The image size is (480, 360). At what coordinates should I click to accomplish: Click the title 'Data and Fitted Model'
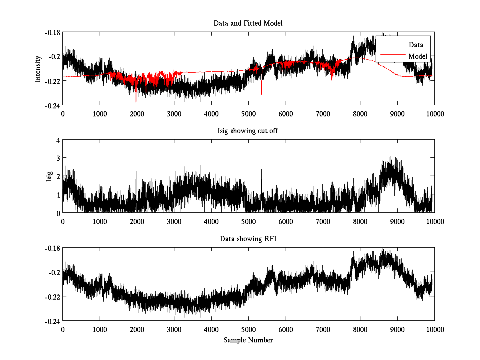[248, 23]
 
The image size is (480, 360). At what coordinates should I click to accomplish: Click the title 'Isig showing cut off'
[248, 131]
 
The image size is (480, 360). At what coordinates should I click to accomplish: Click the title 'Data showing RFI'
[248, 239]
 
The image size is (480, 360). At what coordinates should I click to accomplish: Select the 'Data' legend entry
[416, 45]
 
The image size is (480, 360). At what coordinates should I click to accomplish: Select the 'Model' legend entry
[418, 56]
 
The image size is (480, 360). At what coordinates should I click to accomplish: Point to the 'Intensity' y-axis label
[38, 68]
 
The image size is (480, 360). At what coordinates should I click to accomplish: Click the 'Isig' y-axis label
[49, 176]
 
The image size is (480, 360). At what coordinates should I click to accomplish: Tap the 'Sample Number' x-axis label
[248, 340]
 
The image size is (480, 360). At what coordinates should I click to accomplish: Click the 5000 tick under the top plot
[248, 114]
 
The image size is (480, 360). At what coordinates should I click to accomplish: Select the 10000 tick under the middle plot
[434, 221]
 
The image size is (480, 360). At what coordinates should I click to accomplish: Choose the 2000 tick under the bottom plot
[137, 329]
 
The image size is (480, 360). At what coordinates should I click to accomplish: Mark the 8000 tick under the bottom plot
[360, 329]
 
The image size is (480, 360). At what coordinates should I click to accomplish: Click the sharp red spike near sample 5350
[262, 93]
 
